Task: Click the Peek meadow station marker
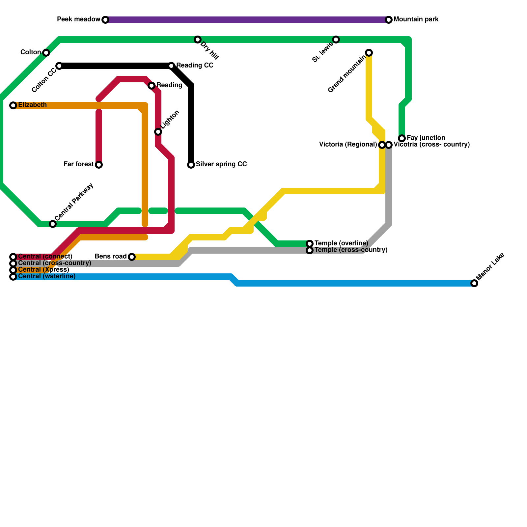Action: [x=105, y=20]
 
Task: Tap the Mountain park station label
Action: [x=416, y=19]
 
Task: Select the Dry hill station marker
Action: [x=197, y=40]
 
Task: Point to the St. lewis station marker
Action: [x=336, y=40]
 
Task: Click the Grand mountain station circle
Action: [x=369, y=53]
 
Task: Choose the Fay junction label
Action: [x=426, y=138]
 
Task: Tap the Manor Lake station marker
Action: [x=474, y=283]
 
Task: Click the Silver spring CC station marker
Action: [x=191, y=165]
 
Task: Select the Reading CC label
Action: [x=195, y=66]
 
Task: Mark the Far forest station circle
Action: [x=99, y=165]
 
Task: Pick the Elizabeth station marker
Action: [x=13, y=105]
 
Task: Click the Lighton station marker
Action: [x=158, y=132]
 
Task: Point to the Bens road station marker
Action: [x=132, y=257]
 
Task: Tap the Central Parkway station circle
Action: [x=53, y=224]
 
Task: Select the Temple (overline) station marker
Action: [x=310, y=244]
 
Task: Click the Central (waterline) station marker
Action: [x=13, y=277]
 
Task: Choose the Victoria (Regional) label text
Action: [x=348, y=145]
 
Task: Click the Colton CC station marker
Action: [x=59, y=66]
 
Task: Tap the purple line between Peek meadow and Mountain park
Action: [x=247, y=20]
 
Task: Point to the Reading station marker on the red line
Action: [x=152, y=86]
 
